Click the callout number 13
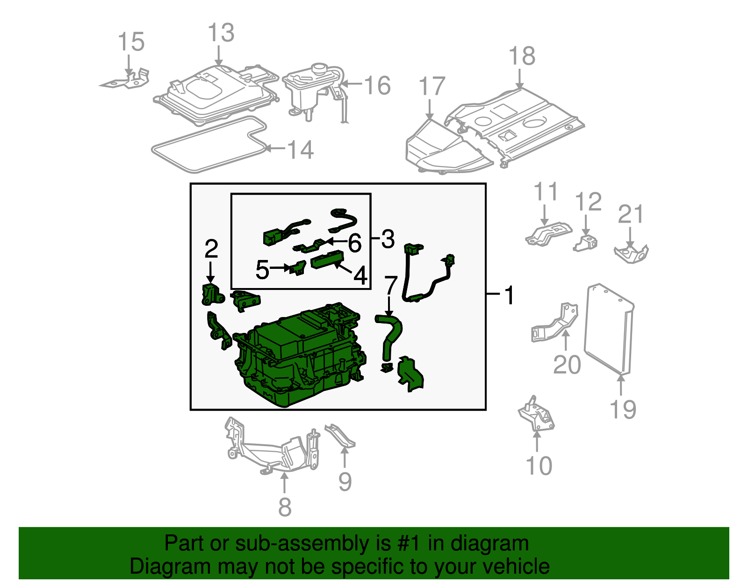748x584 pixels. tap(221, 33)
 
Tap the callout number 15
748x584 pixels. tap(131, 42)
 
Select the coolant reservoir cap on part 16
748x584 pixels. tap(320, 69)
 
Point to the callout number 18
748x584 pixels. tap(522, 57)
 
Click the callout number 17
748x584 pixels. tap(432, 87)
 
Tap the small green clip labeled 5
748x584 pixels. tap(297, 268)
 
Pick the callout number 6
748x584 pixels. tap(355, 244)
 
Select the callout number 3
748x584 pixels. tap(388, 239)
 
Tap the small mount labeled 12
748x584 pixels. tap(586, 244)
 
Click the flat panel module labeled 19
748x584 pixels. tap(608, 330)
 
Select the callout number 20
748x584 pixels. tap(567, 365)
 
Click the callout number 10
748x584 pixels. tap(539, 466)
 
